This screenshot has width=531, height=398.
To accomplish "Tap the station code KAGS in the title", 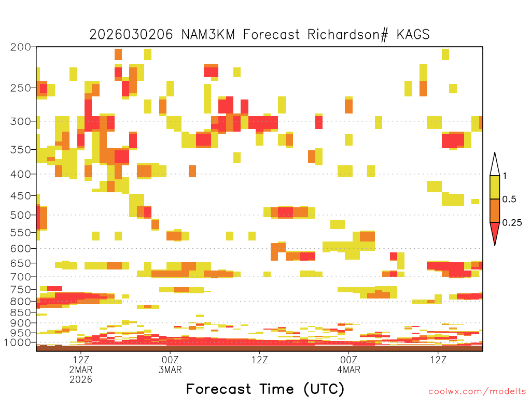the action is point(413,35).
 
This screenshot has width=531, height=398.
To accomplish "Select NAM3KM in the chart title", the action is point(208,35).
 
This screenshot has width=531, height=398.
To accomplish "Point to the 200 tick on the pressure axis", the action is point(21,47).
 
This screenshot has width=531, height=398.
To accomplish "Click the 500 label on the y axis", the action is point(21,215).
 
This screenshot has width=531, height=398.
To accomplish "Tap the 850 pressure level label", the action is point(21,312).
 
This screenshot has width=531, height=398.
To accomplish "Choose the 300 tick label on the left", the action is point(21,121).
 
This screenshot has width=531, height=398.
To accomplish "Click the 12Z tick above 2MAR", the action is point(81,360).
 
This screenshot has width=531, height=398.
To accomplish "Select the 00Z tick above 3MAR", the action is point(170,360).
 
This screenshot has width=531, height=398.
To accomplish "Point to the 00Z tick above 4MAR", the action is point(349,360).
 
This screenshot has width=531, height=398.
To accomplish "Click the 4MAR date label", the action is point(349,369).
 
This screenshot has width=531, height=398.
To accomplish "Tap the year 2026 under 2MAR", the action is point(81,380).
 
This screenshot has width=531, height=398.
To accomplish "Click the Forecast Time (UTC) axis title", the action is point(265,389).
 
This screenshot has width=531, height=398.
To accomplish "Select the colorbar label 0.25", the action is point(512,222).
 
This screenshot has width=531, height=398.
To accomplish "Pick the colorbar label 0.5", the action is point(509,199).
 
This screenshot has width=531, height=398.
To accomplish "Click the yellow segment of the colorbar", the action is point(495,187).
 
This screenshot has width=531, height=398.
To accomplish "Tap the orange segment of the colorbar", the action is point(495,210).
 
